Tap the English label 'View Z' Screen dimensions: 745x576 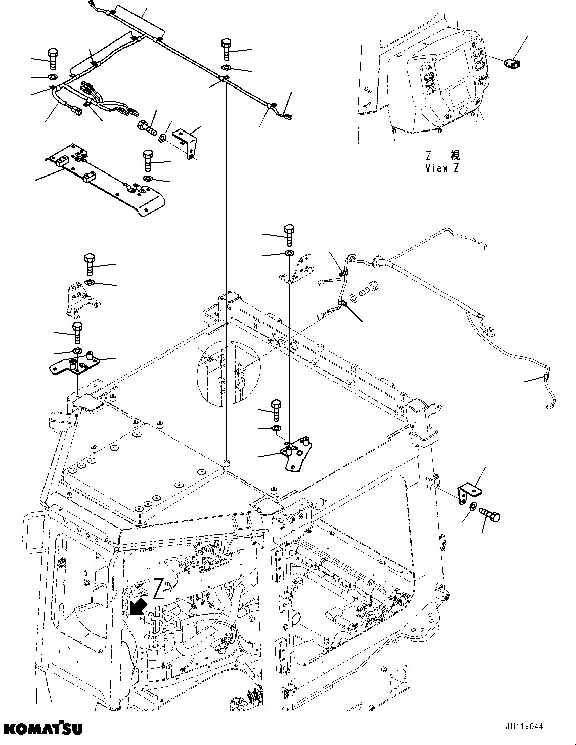click(442, 169)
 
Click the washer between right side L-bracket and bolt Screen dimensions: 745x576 click(472, 507)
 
